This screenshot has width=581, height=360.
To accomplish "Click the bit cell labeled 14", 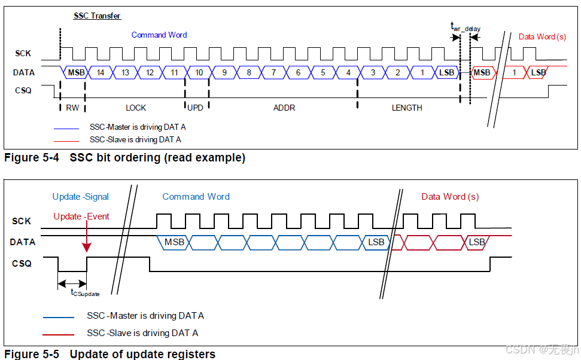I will [x=101, y=72].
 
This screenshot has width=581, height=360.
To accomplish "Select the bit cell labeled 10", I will [x=199, y=72].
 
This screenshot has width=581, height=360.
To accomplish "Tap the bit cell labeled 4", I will [x=348, y=72].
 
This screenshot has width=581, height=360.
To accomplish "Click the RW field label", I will [x=72, y=108].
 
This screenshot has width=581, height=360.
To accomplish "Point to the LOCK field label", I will [x=136, y=108].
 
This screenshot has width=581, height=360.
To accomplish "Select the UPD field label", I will [x=195, y=108].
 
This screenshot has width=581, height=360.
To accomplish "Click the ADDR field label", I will [x=284, y=108].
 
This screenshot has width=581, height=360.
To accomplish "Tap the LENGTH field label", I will [x=407, y=108].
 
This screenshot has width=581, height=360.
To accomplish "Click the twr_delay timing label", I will [x=465, y=27].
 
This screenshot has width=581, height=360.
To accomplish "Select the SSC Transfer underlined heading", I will [x=97, y=16].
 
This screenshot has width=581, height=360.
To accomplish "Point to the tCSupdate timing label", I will [x=85, y=292].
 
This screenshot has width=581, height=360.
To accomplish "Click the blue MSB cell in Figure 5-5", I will [x=174, y=242].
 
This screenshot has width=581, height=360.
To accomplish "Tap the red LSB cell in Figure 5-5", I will [x=476, y=242].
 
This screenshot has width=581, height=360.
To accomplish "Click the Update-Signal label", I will [x=81, y=197].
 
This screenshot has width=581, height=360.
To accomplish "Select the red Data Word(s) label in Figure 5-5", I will [x=450, y=197].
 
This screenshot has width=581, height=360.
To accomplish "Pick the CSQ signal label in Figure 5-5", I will [x=22, y=263].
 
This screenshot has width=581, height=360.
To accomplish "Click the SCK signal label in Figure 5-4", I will [x=23, y=54].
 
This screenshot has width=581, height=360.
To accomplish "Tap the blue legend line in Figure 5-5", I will [x=58, y=317].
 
